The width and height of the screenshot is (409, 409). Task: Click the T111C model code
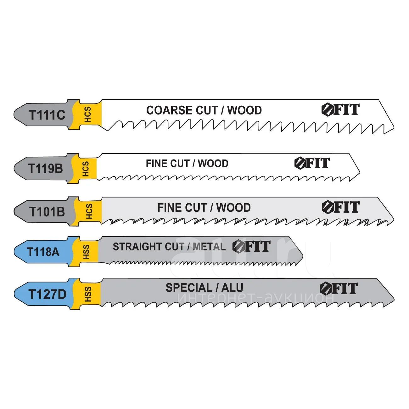click(47, 115)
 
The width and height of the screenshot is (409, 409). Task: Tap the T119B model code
click(46, 169)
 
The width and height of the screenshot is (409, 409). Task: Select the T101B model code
click(47, 212)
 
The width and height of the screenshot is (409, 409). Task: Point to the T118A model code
click(43, 252)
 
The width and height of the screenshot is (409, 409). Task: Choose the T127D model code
click(47, 294)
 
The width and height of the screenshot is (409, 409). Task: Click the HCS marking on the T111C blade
click(88, 115)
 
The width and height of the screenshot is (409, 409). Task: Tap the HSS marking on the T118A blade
click(86, 252)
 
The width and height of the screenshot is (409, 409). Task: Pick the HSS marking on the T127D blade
click(88, 294)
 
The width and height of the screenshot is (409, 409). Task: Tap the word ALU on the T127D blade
click(233, 288)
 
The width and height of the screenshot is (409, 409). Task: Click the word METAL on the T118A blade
click(209, 247)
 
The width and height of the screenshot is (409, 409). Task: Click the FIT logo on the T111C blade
click(340, 109)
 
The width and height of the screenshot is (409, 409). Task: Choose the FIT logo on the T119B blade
click(312, 163)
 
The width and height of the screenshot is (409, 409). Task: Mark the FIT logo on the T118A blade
click(251, 246)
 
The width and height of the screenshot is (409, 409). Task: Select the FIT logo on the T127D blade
click(339, 289)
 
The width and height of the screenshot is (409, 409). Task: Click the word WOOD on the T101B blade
click(233, 208)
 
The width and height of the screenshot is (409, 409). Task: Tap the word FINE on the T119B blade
click(156, 164)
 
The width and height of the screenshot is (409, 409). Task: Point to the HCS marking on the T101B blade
click(89, 211)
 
